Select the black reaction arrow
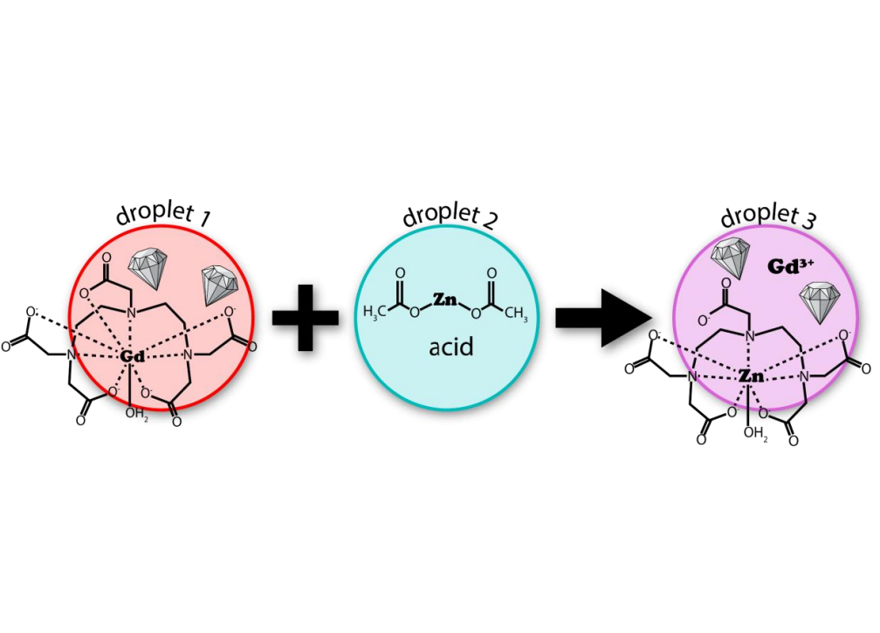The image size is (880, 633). click(603, 316)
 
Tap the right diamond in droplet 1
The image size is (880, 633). click(219, 285)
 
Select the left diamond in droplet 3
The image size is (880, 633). click(727, 258)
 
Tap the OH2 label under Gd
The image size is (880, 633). click(134, 412)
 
